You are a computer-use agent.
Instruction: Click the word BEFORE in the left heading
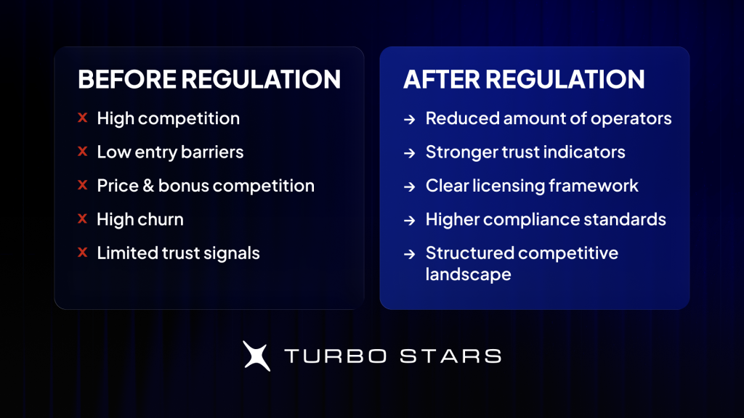click(126, 79)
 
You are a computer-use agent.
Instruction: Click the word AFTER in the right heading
click(442, 79)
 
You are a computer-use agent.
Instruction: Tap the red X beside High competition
click(83, 118)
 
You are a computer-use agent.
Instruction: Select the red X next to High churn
click(83, 218)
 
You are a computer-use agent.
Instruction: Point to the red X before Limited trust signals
click(83, 253)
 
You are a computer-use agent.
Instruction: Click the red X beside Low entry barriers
click(83, 151)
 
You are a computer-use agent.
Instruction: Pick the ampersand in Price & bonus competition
click(148, 185)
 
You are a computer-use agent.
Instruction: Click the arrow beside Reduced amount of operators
click(410, 120)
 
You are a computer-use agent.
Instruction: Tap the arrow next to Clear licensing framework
click(410, 187)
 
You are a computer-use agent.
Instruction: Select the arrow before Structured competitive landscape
click(410, 255)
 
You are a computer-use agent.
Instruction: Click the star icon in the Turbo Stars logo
click(256, 356)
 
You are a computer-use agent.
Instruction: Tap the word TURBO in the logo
click(336, 356)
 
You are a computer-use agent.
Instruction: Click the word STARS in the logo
click(450, 356)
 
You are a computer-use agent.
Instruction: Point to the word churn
click(161, 219)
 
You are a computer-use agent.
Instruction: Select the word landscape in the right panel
click(469, 274)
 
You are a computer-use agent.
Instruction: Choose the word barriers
click(212, 152)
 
